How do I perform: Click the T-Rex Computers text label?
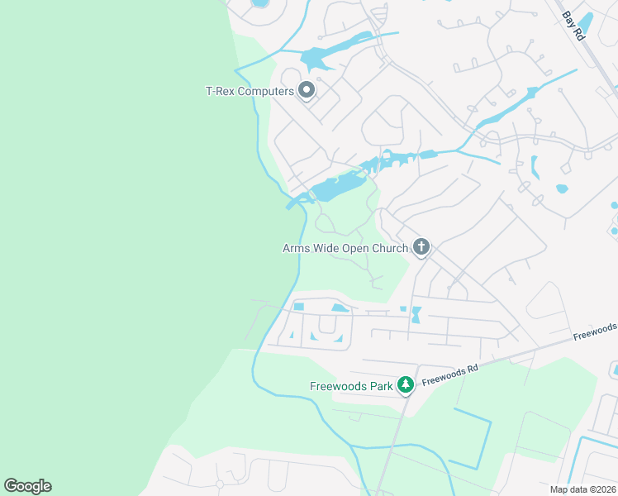(250, 91)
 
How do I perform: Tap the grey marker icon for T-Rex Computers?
(307, 90)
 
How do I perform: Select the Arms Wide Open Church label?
(345, 248)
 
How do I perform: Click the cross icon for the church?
(421, 246)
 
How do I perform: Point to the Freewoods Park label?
(350, 385)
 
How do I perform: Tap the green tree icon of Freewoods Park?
(405, 384)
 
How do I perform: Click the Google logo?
(27, 486)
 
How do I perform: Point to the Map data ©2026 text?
(582, 489)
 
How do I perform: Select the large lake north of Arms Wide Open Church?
(335, 188)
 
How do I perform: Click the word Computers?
(266, 91)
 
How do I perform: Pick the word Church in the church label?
(390, 248)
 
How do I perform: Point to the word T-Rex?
(221, 91)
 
